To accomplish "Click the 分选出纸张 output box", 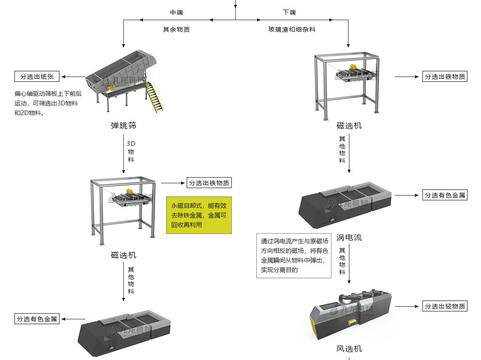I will (x=37, y=77).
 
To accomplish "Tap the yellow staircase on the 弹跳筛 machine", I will (x=155, y=97).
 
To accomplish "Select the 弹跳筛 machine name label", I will (x=123, y=126).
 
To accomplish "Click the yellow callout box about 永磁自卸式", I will (x=199, y=215).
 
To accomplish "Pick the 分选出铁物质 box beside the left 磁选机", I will (x=209, y=183).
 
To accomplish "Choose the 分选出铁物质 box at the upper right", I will (x=445, y=77).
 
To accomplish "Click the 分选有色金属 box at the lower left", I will (x=37, y=319).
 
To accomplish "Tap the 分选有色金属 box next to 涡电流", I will (x=445, y=195).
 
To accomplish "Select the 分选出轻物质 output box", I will (x=445, y=306).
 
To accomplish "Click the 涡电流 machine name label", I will (x=349, y=238).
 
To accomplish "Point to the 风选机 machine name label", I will (x=349, y=349).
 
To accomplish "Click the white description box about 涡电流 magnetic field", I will (x=294, y=255).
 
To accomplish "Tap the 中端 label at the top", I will (x=176, y=13).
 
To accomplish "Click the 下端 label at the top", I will (x=289, y=13).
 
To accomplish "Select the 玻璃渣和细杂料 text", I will (x=292, y=29).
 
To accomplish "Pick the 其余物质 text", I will (x=176, y=29).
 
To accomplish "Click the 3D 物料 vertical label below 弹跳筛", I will (x=131, y=152).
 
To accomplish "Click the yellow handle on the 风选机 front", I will (x=352, y=322).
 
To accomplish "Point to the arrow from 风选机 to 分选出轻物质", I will (x=407, y=306).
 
